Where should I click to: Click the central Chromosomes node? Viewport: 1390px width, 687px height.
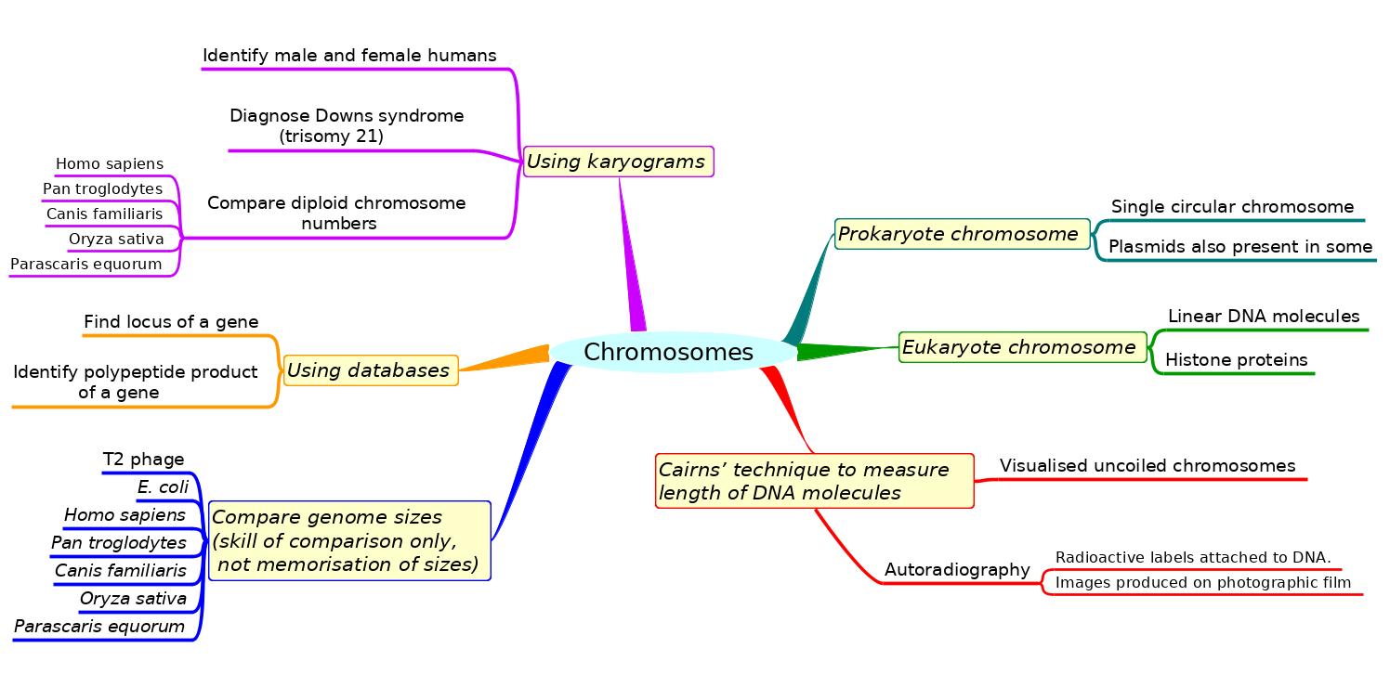pos(669,353)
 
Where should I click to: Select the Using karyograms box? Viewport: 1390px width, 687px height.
pos(618,162)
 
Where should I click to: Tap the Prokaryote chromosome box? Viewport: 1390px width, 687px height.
pos(961,234)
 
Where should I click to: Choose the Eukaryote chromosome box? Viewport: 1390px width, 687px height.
pos(1020,347)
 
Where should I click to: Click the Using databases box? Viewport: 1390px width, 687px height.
pos(370,370)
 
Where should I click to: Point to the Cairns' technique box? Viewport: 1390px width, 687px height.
pos(814,481)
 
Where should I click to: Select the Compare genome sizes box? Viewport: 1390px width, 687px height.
pos(348,540)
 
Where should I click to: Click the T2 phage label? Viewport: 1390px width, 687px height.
pos(143,460)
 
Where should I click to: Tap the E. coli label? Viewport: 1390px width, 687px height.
pos(163,487)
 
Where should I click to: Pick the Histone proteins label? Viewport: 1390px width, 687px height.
pos(1236,360)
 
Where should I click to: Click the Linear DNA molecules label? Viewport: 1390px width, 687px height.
pos(1263,317)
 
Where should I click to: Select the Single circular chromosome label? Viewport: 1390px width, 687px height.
pos(1232,207)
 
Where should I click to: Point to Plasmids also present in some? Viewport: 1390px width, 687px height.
pos(1239,247)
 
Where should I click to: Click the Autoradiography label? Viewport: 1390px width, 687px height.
pos(957,570)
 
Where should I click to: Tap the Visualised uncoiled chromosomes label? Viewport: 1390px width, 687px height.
pos(1147,466)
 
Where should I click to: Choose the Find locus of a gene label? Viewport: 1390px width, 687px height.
pos(171,322)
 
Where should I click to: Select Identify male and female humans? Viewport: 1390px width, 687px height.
pos(349,56)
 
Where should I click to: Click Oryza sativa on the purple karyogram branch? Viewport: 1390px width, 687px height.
pos(116,240)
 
